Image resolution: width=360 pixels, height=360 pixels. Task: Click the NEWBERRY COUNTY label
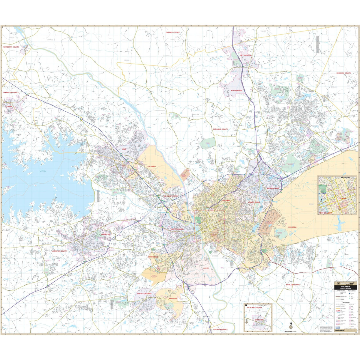(x=11, y=47)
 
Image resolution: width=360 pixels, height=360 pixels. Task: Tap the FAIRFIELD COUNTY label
(x=173, y=32)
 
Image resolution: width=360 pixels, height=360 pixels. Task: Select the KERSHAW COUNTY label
(x=343, y=73)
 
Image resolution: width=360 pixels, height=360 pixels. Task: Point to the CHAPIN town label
(x=9, y=106)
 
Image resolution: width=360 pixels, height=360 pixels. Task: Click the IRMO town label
(x=125, y=149)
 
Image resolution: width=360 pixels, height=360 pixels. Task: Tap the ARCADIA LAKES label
(x=273, y=188)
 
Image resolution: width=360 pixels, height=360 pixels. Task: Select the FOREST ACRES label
(x=254, y=202)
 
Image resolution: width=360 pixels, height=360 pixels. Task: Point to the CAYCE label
(x=206, y=268)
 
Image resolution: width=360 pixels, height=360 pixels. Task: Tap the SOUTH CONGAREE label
(x=144, y=294)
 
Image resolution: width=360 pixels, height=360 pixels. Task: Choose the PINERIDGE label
(x=173, y=299)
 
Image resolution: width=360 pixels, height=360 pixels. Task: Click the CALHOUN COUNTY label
(x=220, y=329)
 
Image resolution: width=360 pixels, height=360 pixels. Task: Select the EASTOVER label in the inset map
(x=259, y=320)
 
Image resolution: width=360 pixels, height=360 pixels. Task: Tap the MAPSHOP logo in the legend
(x=339, y=330)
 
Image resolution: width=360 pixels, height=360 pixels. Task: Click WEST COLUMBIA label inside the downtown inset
(x=325, y=213)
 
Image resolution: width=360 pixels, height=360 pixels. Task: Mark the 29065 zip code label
(x=50, y=40)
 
